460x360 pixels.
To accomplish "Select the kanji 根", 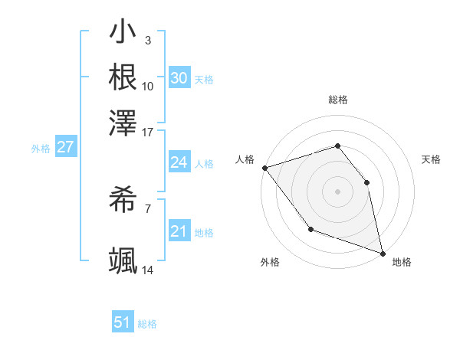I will pyautogui.click(x=123, y=78).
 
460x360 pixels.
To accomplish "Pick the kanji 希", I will pyautogui.click(x=123, y=201).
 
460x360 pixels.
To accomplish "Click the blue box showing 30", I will pyautogui.click(x=179, y=78).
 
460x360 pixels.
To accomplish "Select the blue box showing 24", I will pyautogui.click(x=179, y=162).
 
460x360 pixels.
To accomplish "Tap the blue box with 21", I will pyautogui.click(x=179, y=231).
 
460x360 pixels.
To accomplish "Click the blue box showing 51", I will pyautogui.click(x=122, y=322).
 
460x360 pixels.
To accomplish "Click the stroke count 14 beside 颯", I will pyautogui.click(x=148, y=270).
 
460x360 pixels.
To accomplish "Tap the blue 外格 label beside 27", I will pyautogui.click(x=41, y=149).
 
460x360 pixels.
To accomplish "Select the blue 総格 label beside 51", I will pyautogui.click(x=147, y=324).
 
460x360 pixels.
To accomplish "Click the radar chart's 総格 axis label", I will pyautogui.click(x=337, y=100).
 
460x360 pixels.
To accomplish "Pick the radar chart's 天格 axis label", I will pyautogui.click(x=432, y=159).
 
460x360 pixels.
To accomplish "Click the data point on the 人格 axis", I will pyautogui.click(x=264, y=167).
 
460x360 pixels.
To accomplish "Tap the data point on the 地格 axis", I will pyautogui.click(x=383, y=253).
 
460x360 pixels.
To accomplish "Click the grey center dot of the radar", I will pyautogui.click(x=337, y=191).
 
